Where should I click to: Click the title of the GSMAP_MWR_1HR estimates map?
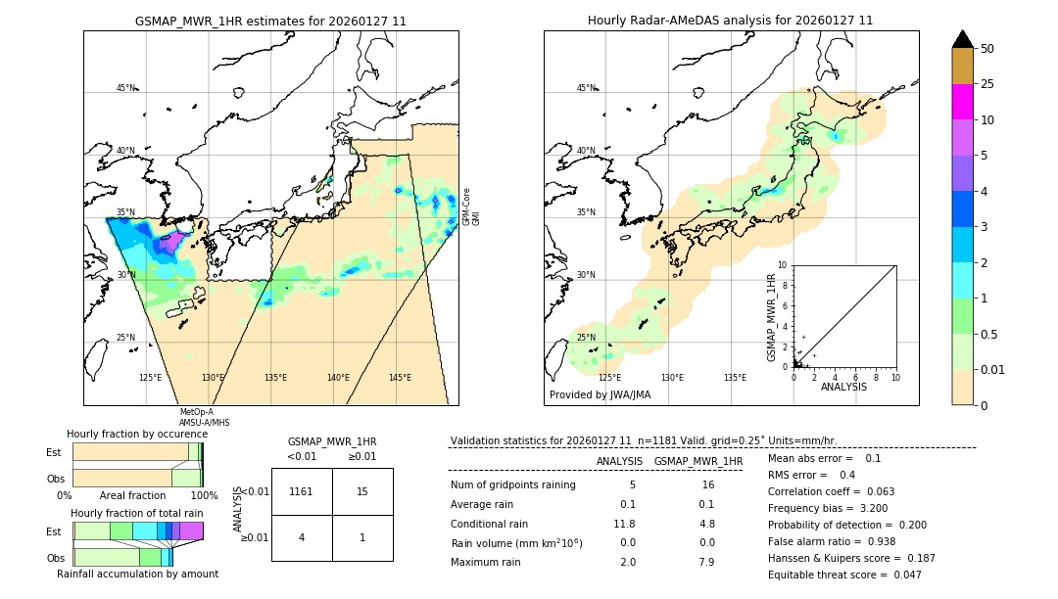click(270, 21)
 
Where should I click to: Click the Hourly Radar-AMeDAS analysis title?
click(730, 21)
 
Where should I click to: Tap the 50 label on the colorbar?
click(987, 48)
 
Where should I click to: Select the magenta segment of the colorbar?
click(962, 102)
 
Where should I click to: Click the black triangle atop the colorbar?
click(962, 39)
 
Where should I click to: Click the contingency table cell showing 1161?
click(302, 491)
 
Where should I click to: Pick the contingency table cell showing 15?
click(362, 491)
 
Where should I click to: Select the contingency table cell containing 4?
click(302, 537)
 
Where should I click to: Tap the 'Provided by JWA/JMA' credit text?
click(600, 395)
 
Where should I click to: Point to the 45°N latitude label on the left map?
click(125, 88)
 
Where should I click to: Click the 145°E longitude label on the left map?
click(400, 378)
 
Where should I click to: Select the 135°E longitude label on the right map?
click(735, 378)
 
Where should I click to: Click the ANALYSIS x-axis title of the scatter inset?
click(843, 387)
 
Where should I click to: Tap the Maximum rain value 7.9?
click(705, 562)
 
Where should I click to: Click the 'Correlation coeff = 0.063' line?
click(832, 491)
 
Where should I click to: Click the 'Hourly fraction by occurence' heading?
click(137, 434)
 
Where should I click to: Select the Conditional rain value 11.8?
click(625, 524)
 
